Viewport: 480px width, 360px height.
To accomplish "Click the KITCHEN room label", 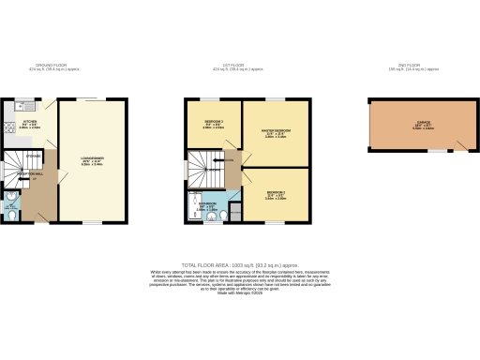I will (30, 122).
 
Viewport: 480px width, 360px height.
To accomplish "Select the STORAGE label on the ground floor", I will (34, 156).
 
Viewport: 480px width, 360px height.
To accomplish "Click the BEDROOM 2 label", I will (213, 124).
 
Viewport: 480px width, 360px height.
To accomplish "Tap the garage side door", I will (459, 146).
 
